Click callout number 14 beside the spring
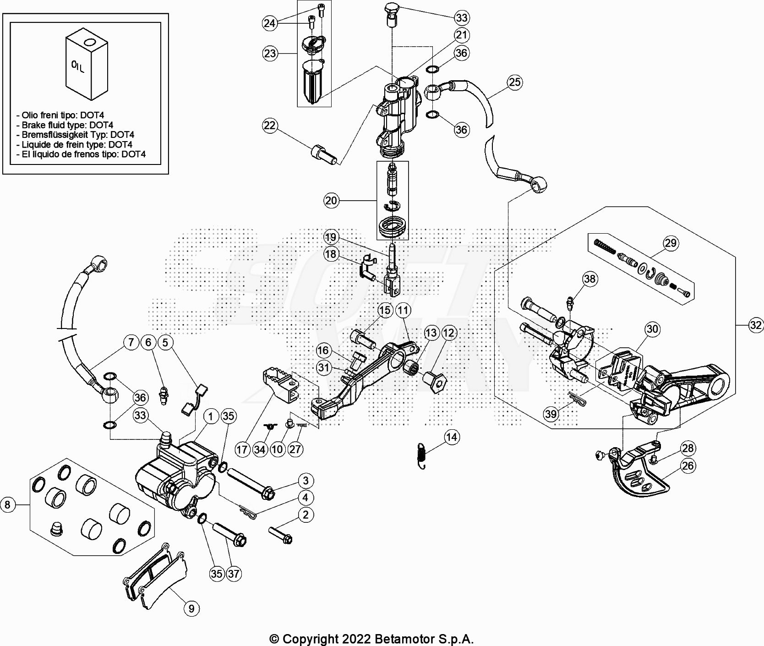pos(452,437)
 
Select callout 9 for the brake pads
pos(191,608)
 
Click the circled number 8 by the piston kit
pos(7,505)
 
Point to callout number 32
pos(756,325)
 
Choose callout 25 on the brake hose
pos(515,82)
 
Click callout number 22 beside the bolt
pos(270,125)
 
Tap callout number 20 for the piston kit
pos(331,200)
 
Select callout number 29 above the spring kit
pos(671,243)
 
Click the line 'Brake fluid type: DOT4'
pos(65,125)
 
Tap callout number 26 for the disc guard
pos(688,466)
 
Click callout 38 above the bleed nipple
pos(590,279)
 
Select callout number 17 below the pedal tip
pos(242,449)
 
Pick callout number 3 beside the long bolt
pos(306,481)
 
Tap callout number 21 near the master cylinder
pos(461,35)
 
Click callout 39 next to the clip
pos(551,414)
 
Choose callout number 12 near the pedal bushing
pos(449,333)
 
